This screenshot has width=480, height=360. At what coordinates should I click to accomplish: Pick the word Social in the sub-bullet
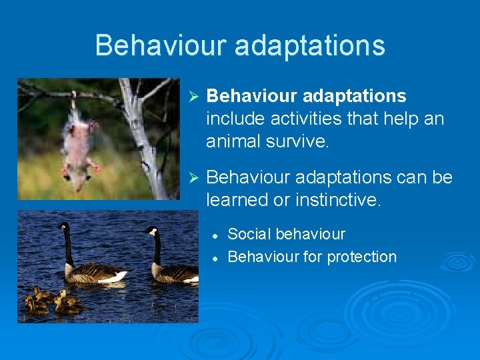(249, 234)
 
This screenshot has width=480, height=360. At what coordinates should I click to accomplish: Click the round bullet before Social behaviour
(215, 235)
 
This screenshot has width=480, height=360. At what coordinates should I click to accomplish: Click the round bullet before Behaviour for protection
(215, 257)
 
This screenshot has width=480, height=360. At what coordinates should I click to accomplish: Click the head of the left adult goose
(63, 227)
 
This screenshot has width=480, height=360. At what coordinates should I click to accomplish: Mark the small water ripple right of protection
(457, 261)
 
